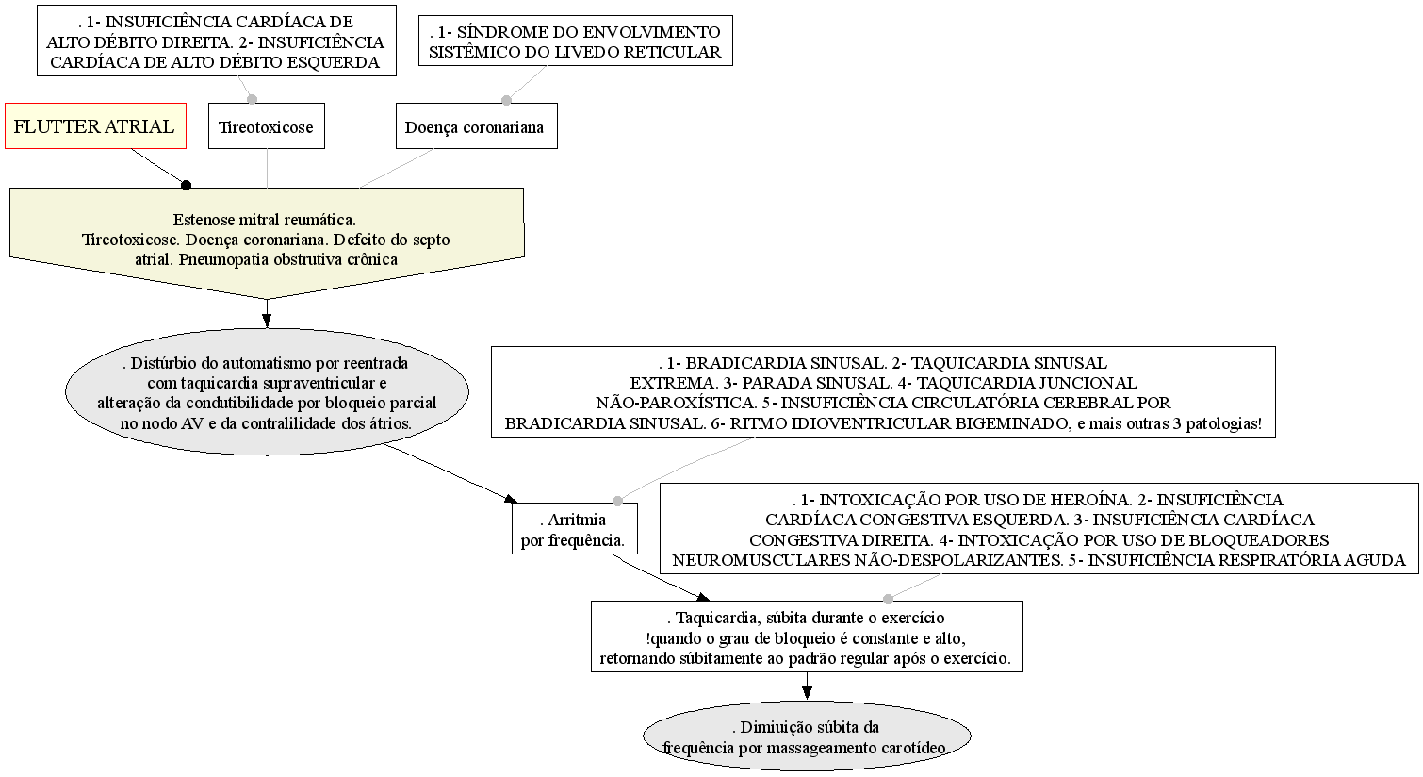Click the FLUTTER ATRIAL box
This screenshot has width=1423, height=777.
[95, 126]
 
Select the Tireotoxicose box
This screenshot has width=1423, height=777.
[266, 126]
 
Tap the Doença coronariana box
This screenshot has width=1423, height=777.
[477, 126]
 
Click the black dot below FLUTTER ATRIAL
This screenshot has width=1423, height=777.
[186, 185]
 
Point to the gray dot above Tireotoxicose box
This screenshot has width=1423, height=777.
[253, 99]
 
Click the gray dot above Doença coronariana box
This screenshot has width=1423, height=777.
[506, 100]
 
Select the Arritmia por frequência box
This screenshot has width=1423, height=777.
[574, 529]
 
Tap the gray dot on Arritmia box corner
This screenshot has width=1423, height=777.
[617, 501]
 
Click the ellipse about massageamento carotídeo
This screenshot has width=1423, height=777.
[807, 736]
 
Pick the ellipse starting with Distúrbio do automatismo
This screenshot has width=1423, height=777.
[267, 391]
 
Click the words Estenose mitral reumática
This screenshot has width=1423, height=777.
[264, 220]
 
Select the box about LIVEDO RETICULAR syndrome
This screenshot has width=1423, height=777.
[576, 41]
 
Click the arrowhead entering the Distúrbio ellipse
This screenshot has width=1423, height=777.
[267, 322]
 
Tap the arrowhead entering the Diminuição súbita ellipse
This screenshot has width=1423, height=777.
[807, 694]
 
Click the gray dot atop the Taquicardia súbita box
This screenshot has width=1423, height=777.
[888, 599]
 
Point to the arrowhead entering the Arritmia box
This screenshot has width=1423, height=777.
[512, 499]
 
